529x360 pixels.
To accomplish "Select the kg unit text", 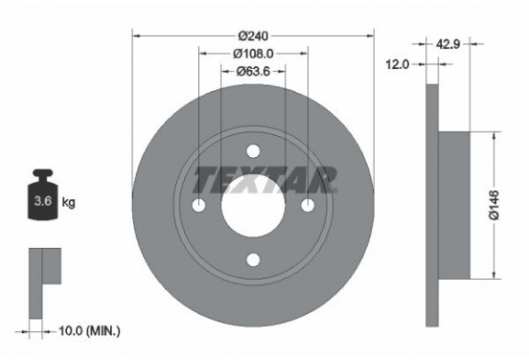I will [69, 203].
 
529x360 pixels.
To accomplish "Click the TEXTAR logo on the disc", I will [265, 178].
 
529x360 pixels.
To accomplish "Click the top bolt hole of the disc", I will [253, 152].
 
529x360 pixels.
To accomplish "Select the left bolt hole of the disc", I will [199, 207].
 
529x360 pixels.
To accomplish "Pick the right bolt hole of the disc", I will [308, 207].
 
